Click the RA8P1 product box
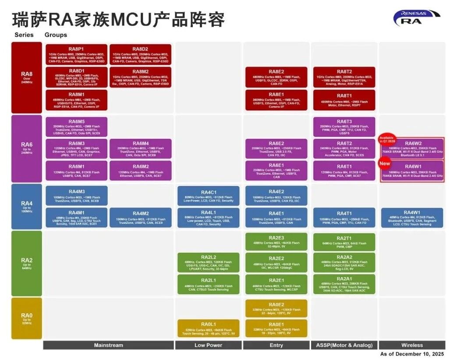coord(76,54)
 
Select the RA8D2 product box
coord(140,54)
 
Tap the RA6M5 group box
coord(76,127)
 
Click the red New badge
coord(385,163)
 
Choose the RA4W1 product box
coord(412,218)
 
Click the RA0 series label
coord(27,318)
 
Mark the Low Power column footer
coord(208,345)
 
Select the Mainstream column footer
coord(108,345)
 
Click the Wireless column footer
coord(412,345)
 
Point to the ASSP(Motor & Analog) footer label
coord(344,345)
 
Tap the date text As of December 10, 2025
coord(412,354)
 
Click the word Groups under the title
coord(56,35)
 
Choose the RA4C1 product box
coord(208,196)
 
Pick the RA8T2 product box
coord(344,78)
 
